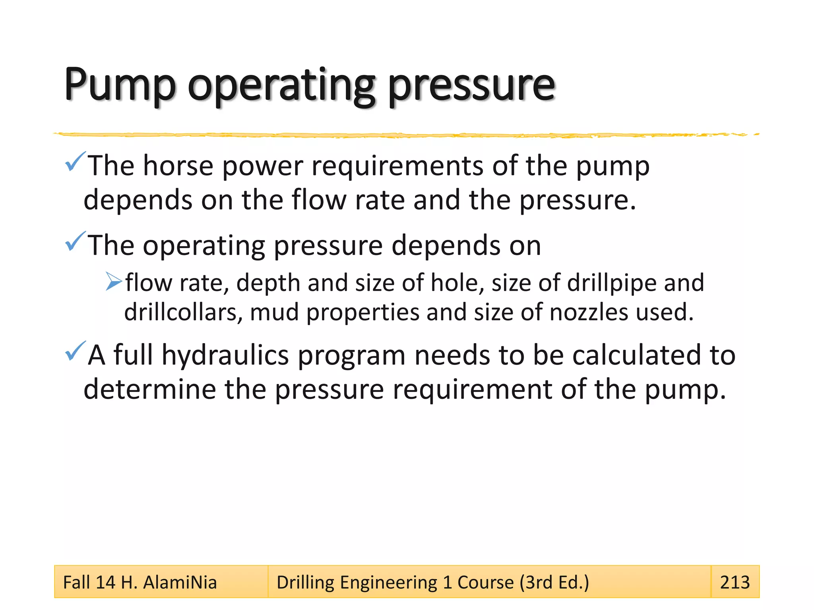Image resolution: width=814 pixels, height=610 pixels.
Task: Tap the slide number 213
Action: coord(735,583)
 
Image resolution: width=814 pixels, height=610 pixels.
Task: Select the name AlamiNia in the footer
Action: coord(180,583)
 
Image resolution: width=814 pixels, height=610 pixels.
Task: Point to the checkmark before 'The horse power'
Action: coord(75,162)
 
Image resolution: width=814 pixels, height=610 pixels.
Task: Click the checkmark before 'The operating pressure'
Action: coord(75,241)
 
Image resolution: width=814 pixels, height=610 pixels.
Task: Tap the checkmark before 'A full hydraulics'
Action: coord(75,351)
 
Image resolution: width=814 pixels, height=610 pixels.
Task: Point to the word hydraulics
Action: coord(225,355)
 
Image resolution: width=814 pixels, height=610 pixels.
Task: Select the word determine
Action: coord(150,389)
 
